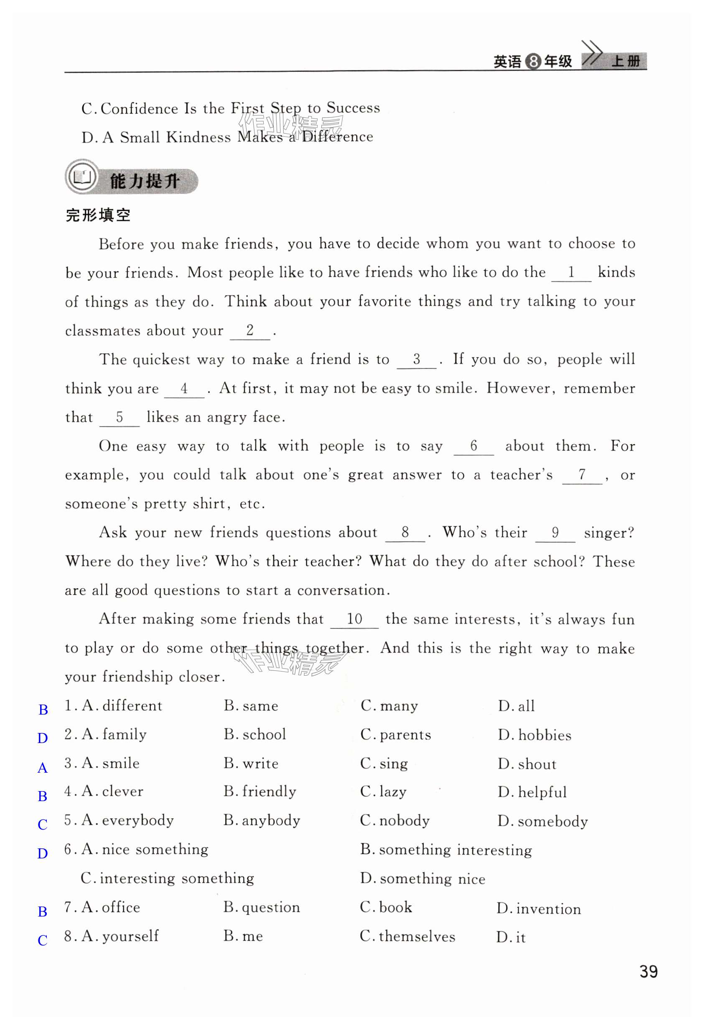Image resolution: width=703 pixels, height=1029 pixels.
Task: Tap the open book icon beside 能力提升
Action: click(x=82, y=178)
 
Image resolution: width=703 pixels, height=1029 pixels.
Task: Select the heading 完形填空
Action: click(x=98, y=216)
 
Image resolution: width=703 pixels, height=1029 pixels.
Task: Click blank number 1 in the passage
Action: click(x=571, y=272)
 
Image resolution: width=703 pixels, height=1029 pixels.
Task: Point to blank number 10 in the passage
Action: click(x=354, y=619)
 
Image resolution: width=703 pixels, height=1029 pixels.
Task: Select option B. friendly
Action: click(x=260, y=792)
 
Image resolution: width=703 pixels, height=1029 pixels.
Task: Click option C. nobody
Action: click(x=395, y=820)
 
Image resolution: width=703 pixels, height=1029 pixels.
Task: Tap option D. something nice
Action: click(x=423, y=878)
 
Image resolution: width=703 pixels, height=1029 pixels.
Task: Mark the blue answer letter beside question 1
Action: click(x=43, y=710)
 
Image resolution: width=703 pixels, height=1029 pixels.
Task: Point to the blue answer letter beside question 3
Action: click(x=43, y=768)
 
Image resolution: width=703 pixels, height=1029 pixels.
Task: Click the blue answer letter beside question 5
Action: click(x=43, y=825)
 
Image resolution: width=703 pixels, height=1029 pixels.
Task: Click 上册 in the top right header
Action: click(x=626, y=61)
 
